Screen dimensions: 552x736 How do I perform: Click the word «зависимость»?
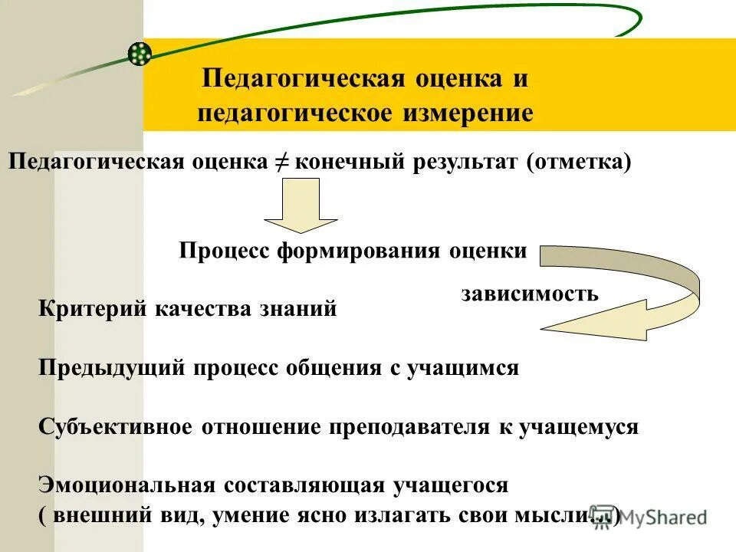tap(530, 294)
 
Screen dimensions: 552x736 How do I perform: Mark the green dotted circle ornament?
tap(139, 53)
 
